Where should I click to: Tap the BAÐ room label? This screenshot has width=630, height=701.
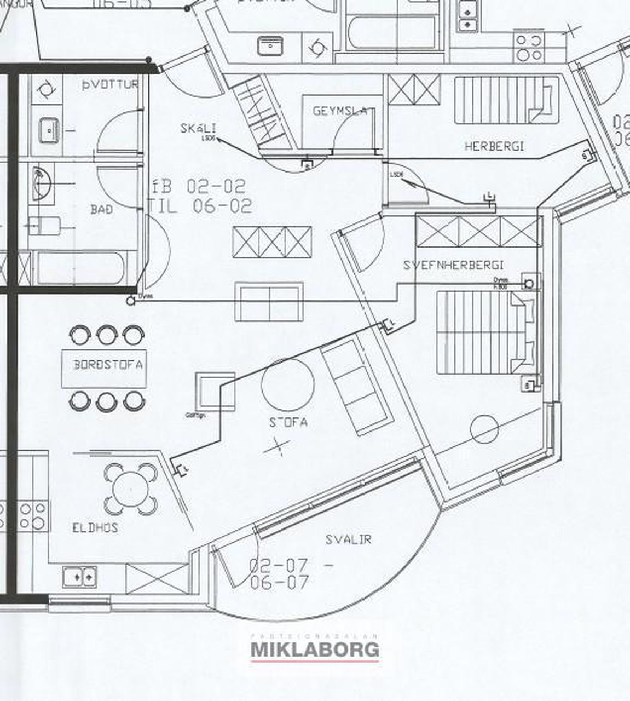102,209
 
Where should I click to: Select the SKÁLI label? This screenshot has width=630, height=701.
198,129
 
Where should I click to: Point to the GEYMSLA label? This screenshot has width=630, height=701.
340,111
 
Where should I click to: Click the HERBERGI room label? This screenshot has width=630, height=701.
494,146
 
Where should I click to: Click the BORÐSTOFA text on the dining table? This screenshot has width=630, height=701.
108,364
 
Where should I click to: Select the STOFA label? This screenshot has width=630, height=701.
288,423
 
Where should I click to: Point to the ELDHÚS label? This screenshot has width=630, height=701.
95,528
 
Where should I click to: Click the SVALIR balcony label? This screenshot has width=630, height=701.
349,539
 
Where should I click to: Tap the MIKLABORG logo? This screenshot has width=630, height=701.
315,650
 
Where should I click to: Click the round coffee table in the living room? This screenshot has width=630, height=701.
288,384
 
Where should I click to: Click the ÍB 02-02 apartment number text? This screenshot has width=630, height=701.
199,186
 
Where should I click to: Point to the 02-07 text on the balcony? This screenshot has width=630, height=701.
279,565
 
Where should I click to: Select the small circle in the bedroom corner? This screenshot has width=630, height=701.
484,429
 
